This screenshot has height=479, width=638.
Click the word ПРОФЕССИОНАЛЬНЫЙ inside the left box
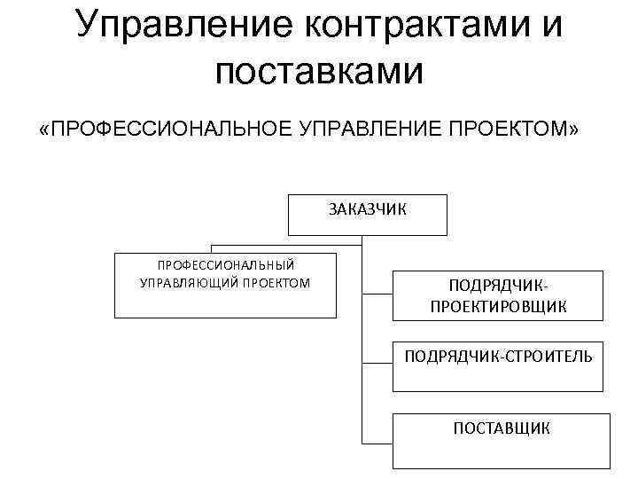click(x=226, y=265)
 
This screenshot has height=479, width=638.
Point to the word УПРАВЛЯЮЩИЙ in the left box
click(x=189, y=283)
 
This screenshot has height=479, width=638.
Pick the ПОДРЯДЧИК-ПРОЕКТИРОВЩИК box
click(x=499, y=295)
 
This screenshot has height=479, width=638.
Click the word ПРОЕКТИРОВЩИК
click(x=499, y=306)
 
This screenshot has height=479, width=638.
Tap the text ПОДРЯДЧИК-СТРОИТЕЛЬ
click(x=499, y=357)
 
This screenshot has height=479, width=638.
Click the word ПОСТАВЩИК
click(x=502, y=428)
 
